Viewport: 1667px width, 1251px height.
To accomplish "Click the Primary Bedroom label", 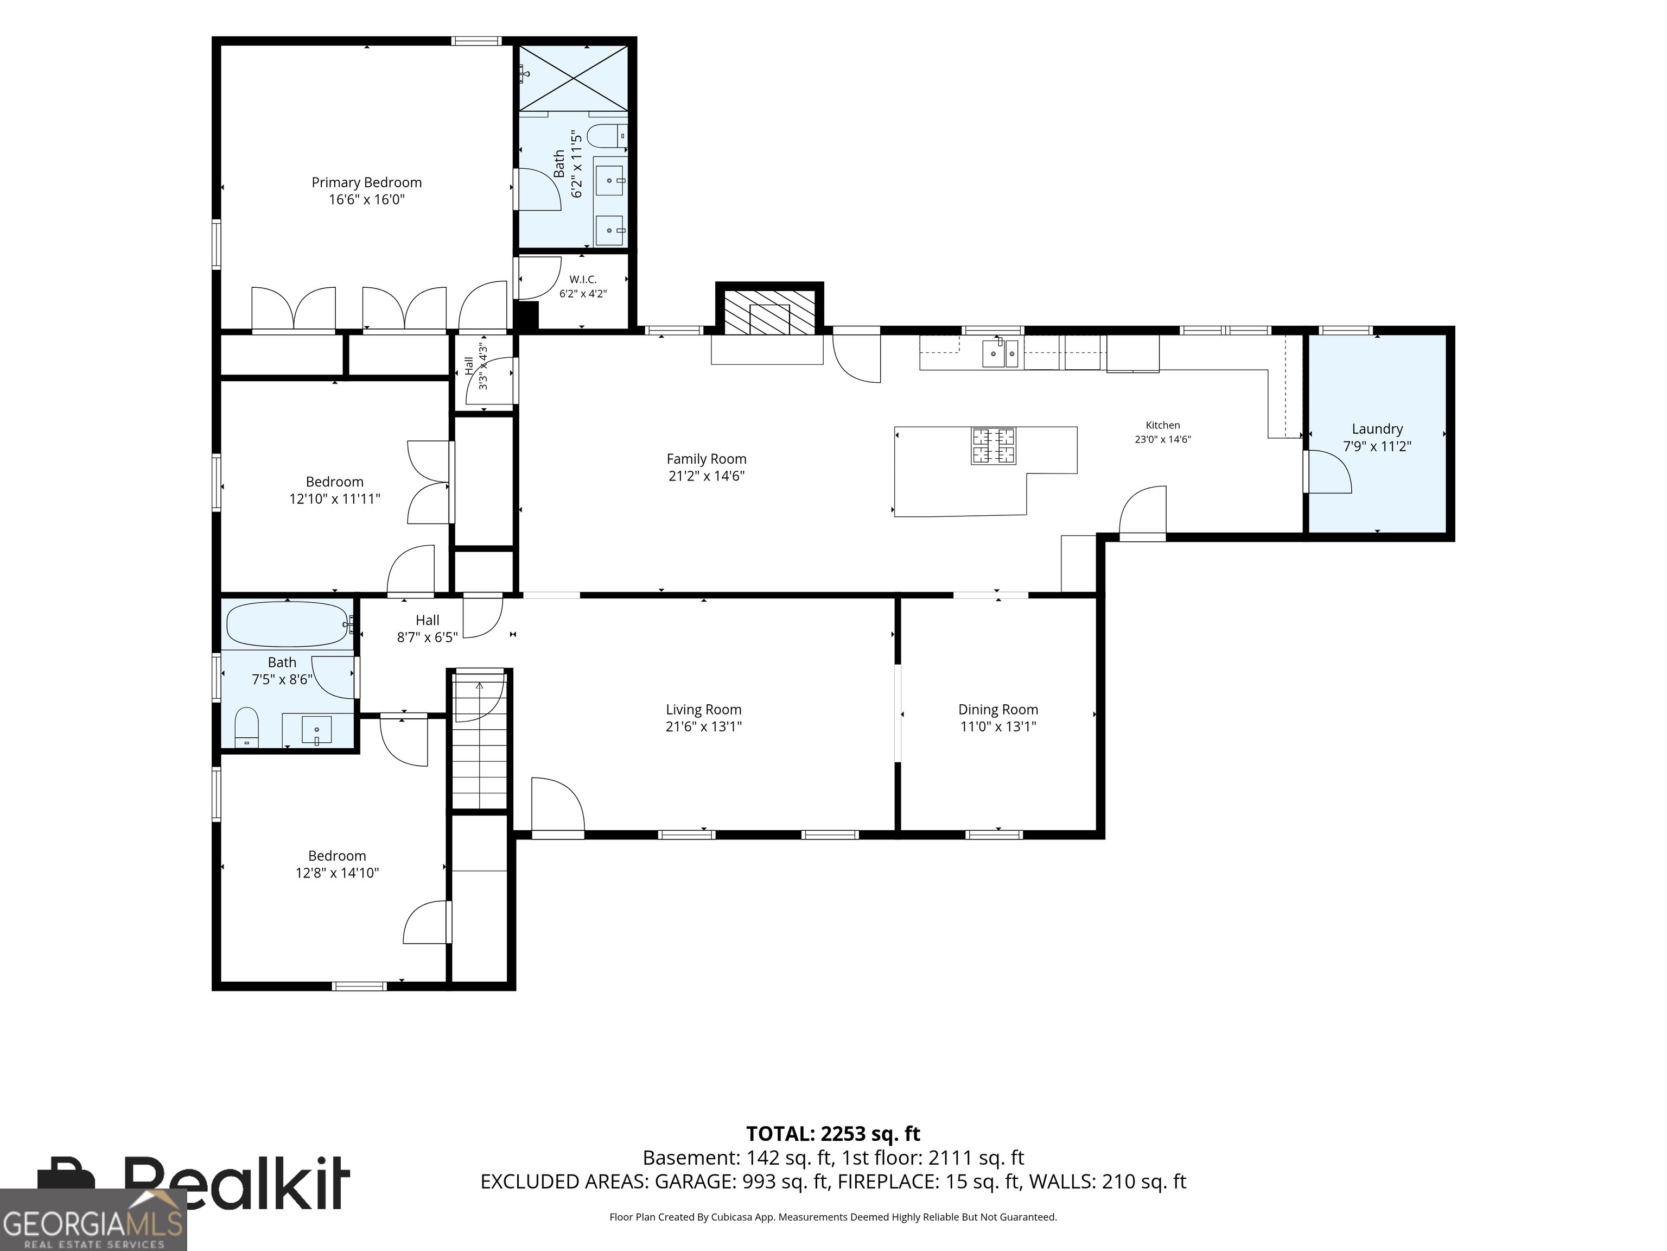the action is point(366,182).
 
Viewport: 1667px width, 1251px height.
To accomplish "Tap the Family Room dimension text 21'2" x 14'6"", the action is point(706,476).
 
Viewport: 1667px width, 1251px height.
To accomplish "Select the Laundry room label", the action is point(1377,429).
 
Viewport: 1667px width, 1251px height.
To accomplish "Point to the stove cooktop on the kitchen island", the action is point(993,446).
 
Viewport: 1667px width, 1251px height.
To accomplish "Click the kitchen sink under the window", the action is point(1000,353).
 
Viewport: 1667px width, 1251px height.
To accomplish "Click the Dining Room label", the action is point(998,710).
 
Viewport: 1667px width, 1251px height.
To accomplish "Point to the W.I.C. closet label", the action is point(583,280).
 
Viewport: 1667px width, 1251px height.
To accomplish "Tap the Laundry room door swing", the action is point(1328,472).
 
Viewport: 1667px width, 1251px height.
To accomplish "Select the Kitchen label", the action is point(1163,425).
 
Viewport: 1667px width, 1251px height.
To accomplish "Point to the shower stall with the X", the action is point(574,78).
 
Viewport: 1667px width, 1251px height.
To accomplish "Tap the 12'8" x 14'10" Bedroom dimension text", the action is point(337,873).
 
